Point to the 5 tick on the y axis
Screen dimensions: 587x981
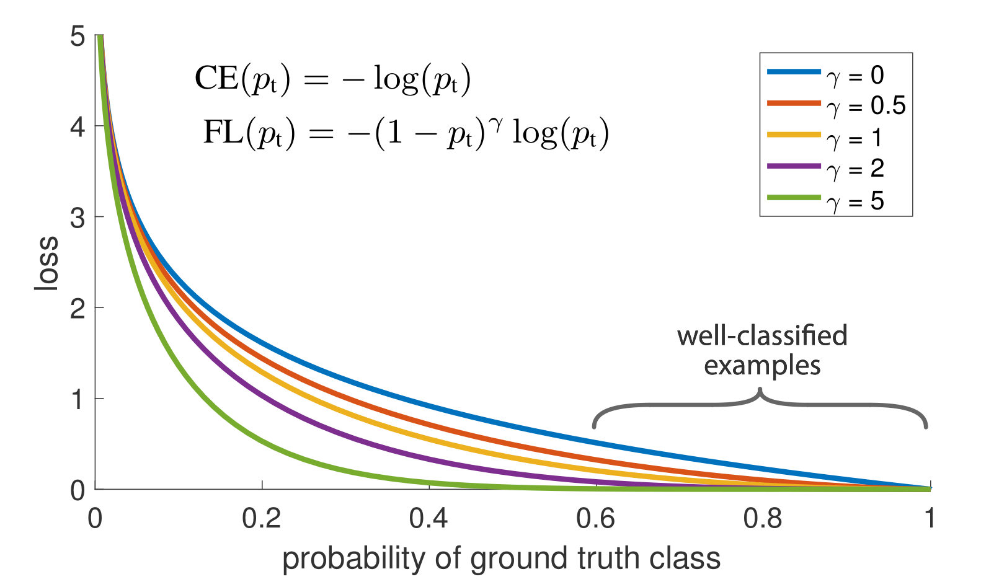[x=78, y=37]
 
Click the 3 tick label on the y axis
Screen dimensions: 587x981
[x=78, y=218]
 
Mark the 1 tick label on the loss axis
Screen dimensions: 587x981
[x=78, y=400]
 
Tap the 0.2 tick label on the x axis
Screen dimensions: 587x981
[x=262, y=518]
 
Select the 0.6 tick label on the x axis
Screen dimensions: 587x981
[x=596, y=518]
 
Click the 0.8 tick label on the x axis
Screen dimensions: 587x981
[x=763, y=518]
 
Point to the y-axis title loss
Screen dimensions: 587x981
[x=47, y=263]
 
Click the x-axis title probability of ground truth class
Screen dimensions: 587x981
[x=501, y=558]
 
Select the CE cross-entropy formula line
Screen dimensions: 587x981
[x=333, y=80]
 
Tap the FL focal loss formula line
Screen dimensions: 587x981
[x=406, y=132]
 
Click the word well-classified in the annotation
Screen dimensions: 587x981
[x=762, y=336]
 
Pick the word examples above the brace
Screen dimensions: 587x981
[x=762, y=366]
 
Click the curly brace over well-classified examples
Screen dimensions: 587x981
[x=760, y=406]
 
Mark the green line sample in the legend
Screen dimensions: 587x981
[x=794, y=198]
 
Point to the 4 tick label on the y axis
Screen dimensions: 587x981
[x=78, y=128]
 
